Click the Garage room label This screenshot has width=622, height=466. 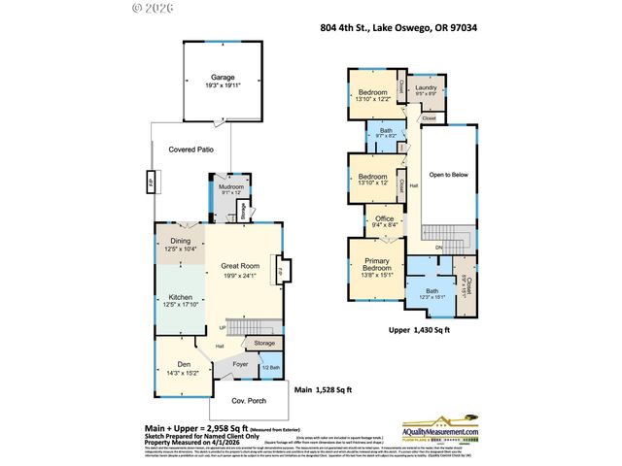(225, 78)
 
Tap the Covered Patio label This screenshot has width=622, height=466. (191, 150)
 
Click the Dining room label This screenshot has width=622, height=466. (181, 241)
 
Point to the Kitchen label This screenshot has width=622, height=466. (181, 297)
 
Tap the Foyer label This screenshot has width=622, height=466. (239, 366)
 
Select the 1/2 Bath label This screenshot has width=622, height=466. (272, 367)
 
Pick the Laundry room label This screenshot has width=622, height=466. (426, 87)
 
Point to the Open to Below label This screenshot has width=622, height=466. (450, 176)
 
